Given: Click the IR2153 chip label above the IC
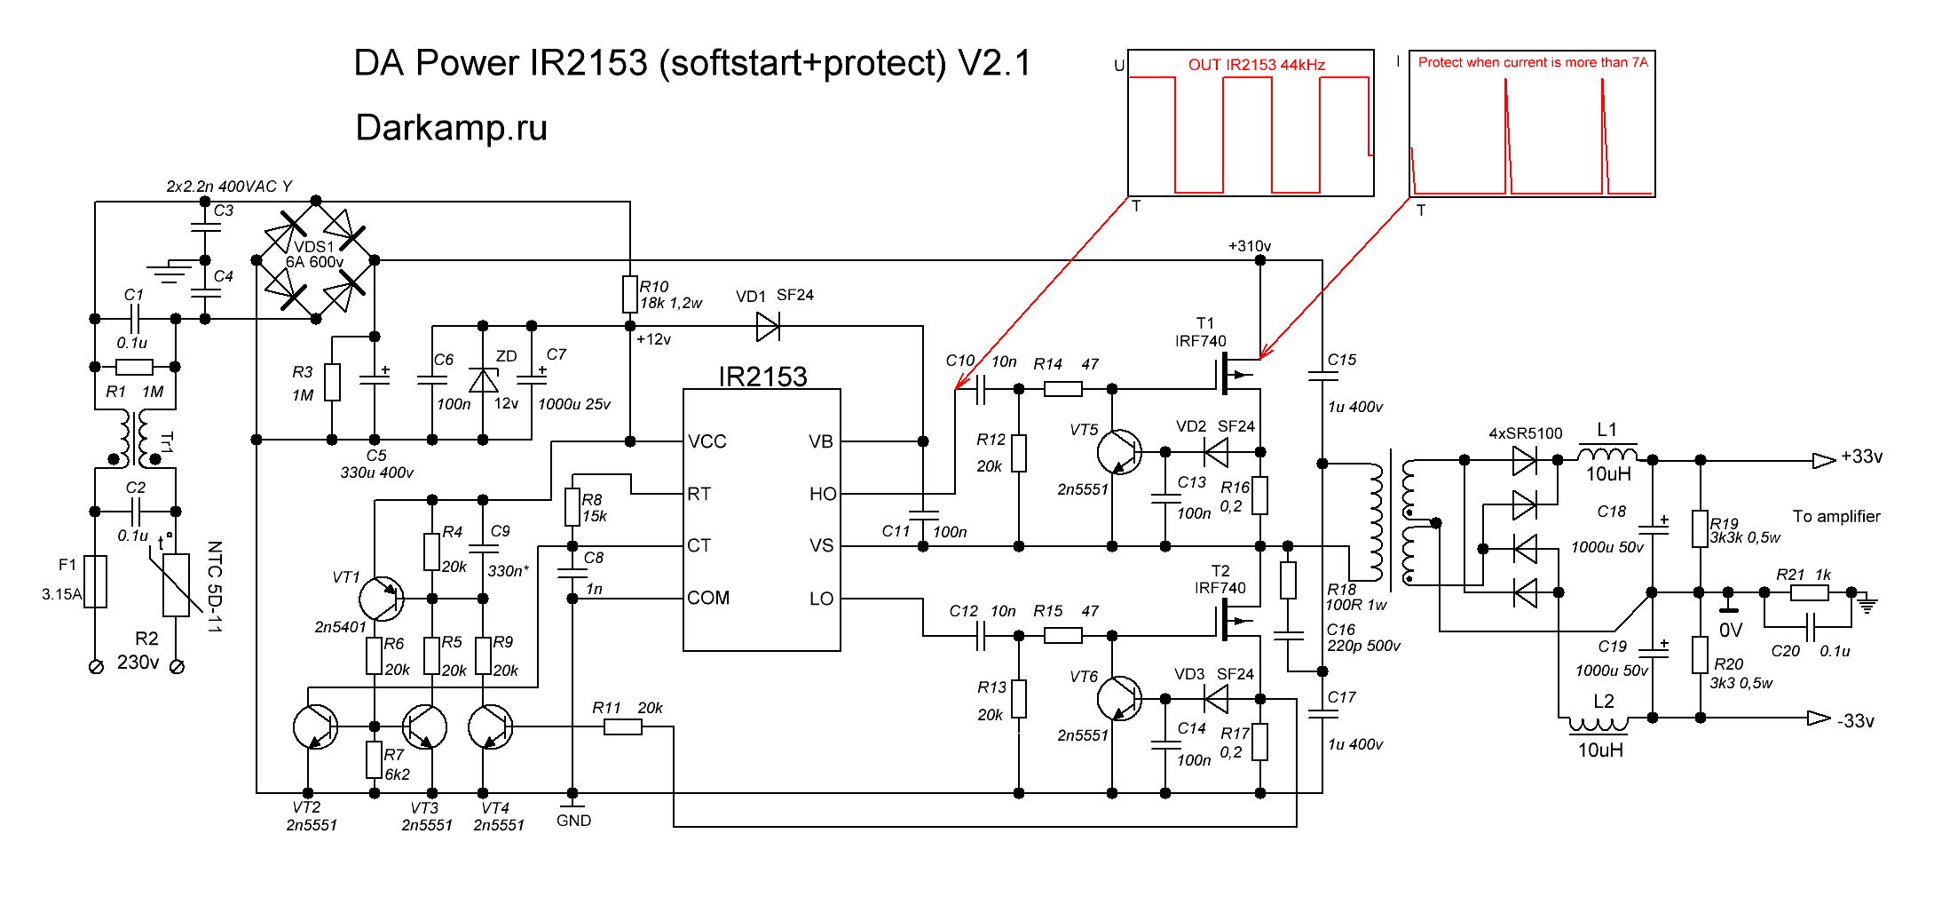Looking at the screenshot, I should click(x=762, y=377).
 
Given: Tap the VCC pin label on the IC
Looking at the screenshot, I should click(x=707, y=441).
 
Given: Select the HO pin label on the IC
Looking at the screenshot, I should click(x=822, y=494).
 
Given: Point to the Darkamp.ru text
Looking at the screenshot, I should click(x=451, y=128).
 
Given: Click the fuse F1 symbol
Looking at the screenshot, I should click(x=96, y=582).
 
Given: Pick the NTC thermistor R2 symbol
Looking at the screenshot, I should click(x=176, y=584).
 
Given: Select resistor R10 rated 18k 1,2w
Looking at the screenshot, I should click(x=630, y=294).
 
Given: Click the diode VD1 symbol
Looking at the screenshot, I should click(x=768, y=326).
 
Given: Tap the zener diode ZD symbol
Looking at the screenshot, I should click(x=483, y=381).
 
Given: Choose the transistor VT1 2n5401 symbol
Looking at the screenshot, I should click(x=382, y=599).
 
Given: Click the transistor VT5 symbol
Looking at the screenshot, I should click(x=1118, y=451).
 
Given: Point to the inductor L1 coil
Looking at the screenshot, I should click(x=1606, y=454).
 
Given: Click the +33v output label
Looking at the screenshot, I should click(x=1861, y=456).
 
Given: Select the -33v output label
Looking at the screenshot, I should click(x=1855, y=721).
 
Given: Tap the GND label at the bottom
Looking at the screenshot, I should click(x=573, y=821).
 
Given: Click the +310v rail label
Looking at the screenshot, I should click(x=1249, y=246).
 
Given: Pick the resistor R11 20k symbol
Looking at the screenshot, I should click(x=623, y=727).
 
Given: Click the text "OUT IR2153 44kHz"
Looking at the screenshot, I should click(x=1256, y=65).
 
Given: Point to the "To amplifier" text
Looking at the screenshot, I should click(x=1835, y=516).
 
